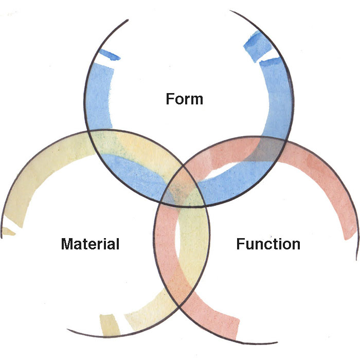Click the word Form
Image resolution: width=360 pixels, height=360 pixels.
184,98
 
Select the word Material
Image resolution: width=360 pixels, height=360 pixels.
90,243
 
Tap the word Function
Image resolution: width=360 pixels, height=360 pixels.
268,243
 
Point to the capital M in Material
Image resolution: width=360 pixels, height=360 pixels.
67,243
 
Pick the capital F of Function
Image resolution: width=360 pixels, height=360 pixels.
240,243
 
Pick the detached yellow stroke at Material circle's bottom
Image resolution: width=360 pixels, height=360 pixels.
110,325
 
